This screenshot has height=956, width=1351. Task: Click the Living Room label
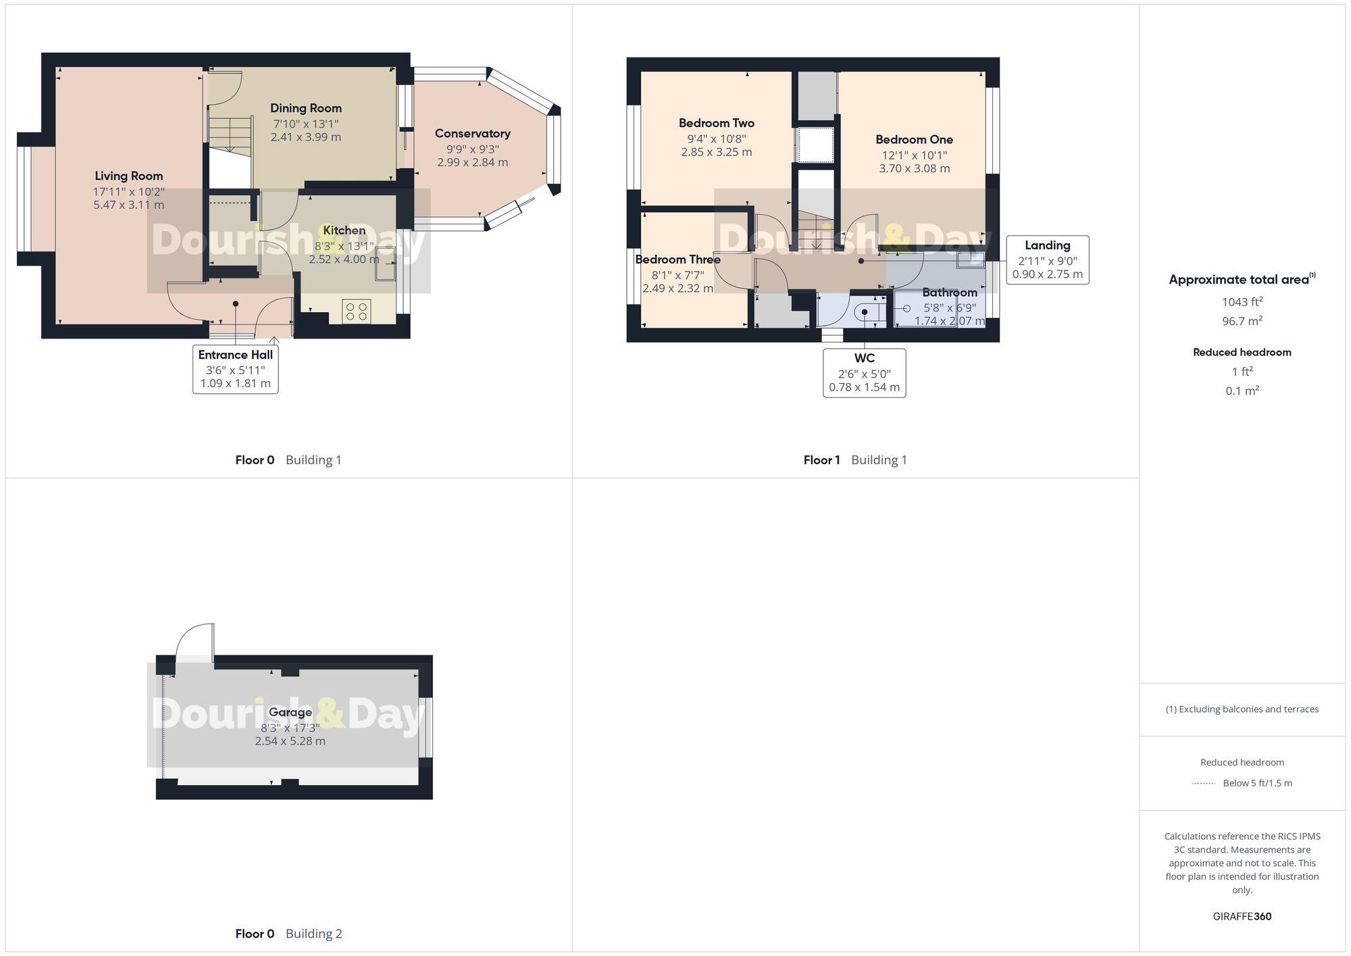pos(128,176)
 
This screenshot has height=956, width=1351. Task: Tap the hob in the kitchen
pos(356,311)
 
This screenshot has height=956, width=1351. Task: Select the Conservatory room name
pos(472,134)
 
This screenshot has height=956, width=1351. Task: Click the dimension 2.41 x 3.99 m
pos(305,137)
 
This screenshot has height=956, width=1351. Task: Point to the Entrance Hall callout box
pos(235,369)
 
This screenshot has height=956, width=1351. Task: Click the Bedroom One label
pos(914,140)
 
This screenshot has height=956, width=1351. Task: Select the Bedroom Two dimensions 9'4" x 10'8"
pos(716,139)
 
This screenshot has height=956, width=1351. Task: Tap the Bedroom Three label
pos(678,259)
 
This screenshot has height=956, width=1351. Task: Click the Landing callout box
pos(1047,259)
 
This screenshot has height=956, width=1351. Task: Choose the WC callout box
pos(864,372)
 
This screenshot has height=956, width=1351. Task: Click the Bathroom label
pos(949,293)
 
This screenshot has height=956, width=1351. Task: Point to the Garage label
pos(290,712)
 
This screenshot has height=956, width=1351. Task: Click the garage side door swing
pos(194,642)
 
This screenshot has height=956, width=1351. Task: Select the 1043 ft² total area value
pos(1242,302)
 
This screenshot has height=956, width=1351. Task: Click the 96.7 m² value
pos(1242,321)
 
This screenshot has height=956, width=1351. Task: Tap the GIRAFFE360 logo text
pos(1242,916)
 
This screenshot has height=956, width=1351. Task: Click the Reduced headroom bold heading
pos(1242,352)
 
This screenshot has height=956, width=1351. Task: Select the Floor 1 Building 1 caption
pos(855,460)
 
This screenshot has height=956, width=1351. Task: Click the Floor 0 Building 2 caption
pos(288,934)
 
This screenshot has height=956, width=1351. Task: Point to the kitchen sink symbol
pos(386,263)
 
